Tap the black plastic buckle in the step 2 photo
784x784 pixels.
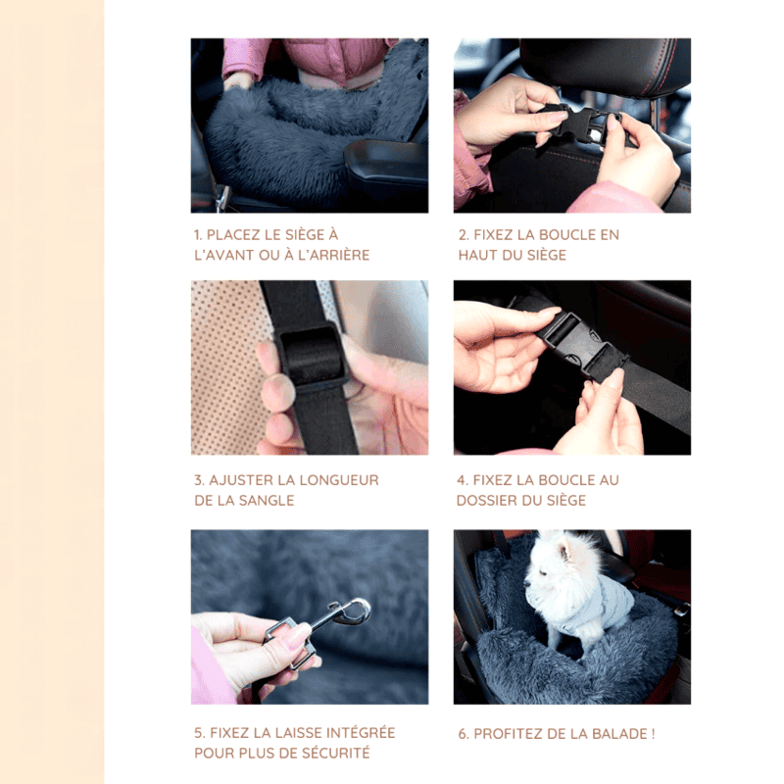tap(580, 122)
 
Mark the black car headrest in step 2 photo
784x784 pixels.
tap(605, 64)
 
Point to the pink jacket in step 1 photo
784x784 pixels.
tap(320, 59)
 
